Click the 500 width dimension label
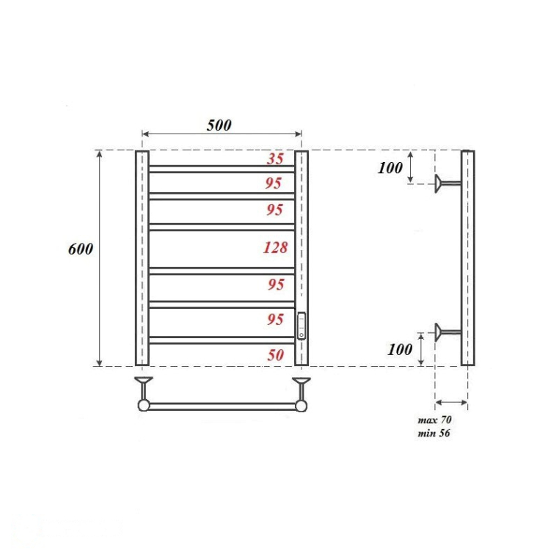219,125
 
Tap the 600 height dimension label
80,249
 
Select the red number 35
275,158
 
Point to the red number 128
275,247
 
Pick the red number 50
275,355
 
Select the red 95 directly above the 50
275,319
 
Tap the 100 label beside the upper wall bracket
390,168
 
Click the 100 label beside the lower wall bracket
400,349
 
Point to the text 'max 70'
434,420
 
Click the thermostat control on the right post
301,325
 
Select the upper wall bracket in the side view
442,183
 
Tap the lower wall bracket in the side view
442,332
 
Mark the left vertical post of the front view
142,257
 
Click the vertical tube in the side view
467,257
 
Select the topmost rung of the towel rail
222,169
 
